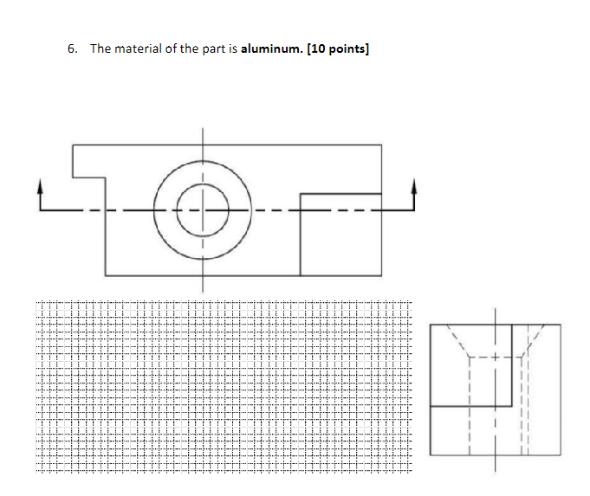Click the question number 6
pyautogui.click(x=71, y=49)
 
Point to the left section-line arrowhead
pyautogui.click(x=40, y=186)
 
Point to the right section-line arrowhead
pyautogui.click(x=413, y=186)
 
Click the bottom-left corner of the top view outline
pyautogui.click(x=106, y=275)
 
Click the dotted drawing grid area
pyautogui.click(x=224, y=387)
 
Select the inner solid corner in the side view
pyautogui.click(x=512, y=405)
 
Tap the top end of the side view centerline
pyautogui.click(x=496, y=309)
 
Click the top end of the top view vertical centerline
pyautogui.click(x=204, y=129)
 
